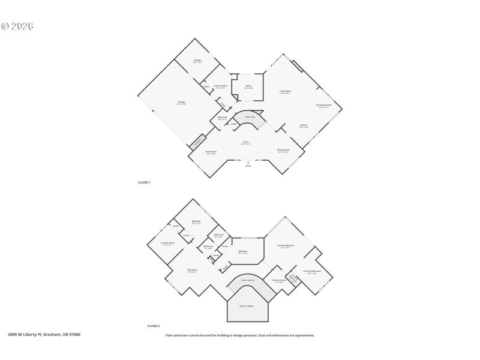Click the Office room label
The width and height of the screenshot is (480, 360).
[x=248, y=86]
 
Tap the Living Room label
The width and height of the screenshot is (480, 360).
[x=285, y=92]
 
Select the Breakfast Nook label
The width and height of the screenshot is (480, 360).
[x=324, y=106]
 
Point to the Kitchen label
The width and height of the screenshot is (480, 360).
[x=304, y=126]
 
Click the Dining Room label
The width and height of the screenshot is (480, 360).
[x=283, y=151]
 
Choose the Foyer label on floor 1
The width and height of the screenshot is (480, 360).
[x=246, y=143]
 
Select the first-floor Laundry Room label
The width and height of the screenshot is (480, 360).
[x=220, y=86]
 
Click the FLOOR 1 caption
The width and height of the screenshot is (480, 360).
[x=144, y=182]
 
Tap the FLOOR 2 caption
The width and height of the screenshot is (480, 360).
[x=154, y=326]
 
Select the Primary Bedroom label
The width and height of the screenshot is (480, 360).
[x=286, y=246]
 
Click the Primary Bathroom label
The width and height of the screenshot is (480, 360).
[x=312, y=272]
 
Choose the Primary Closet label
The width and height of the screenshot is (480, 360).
[x=278, y=281]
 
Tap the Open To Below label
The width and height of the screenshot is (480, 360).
[x=247, y=306]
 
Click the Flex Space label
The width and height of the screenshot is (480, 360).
[x=192, y=271]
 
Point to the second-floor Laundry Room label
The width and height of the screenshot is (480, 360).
[x=167, y=243]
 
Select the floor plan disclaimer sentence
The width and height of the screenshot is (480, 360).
[x=240, y=335]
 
